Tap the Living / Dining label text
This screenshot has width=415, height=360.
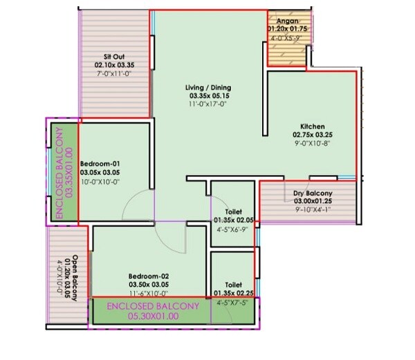(x=208, y=87)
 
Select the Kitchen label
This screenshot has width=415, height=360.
(x=308, y=126)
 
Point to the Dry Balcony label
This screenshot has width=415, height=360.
(x=313, y=193)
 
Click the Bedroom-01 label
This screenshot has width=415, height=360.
(x=100, y=155)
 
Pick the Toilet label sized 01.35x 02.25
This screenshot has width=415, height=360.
(x=232, y=284)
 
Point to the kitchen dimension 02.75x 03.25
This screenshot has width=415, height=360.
(x=308, y=135)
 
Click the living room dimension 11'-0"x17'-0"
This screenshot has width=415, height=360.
(x=208, y=104)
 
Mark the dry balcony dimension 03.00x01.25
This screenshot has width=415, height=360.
(x=313, y=200)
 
